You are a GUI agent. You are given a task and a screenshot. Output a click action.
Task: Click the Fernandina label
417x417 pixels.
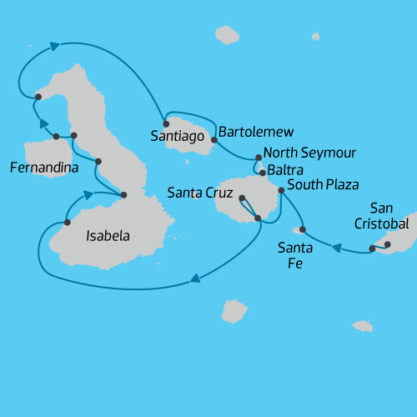[44, 168]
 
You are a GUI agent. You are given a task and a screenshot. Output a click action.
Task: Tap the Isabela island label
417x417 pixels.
[108, 236]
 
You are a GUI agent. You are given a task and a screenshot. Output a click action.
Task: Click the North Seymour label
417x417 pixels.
[309, 153]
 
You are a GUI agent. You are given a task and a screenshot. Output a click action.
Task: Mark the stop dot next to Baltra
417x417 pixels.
[263, 173]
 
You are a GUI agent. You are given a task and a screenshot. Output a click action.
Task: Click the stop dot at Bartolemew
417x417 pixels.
[214, 140]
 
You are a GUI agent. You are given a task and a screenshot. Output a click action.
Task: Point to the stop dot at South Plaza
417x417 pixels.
[281, 191]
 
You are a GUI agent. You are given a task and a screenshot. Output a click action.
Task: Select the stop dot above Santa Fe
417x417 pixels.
[302, 229]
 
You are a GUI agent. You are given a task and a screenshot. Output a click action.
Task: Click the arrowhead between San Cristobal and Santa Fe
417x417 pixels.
[337, 247]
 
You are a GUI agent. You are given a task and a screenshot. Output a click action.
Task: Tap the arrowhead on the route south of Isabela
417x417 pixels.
[194, 279]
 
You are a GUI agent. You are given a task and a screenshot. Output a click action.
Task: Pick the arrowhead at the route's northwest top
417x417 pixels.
[55, 46]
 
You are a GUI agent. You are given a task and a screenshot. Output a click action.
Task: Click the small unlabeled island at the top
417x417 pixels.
[226, 34]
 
